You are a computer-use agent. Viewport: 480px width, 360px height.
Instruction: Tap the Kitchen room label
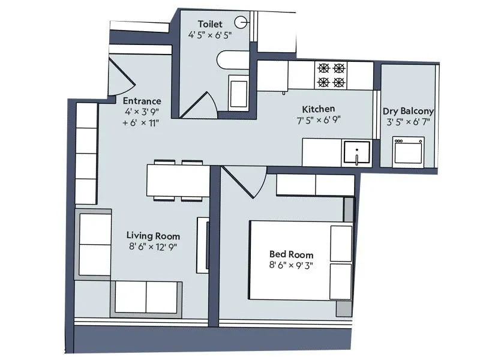click(x=318, y=109)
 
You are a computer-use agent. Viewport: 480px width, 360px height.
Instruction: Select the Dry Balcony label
click(x=408, y=112)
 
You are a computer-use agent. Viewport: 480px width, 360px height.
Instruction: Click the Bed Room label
click(x=292, y=254)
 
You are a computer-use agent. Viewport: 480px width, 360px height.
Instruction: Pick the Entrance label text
click(x=142, y=101)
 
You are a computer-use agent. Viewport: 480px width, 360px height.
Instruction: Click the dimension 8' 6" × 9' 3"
click(x=292, y=265)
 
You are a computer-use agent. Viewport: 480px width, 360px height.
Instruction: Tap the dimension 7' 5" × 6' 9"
click(x=318, y=119)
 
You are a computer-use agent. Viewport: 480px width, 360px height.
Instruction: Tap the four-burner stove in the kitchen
click(x=331, y=75)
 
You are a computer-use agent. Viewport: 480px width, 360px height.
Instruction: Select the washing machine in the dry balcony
click(x=408, y=152)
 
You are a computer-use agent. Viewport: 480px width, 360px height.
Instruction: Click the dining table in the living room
click(x=178, y=181)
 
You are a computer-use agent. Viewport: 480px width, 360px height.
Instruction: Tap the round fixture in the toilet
click(x=241, y=23)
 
